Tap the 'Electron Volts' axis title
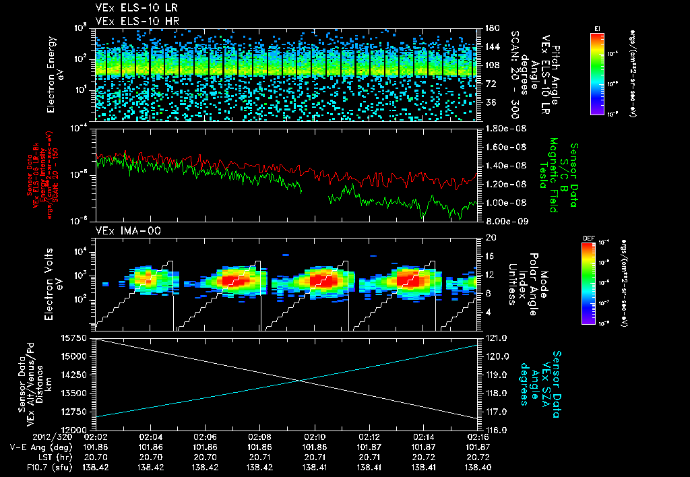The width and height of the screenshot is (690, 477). tap(55, 283)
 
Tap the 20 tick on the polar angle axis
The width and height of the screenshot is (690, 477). tap(489, 237)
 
